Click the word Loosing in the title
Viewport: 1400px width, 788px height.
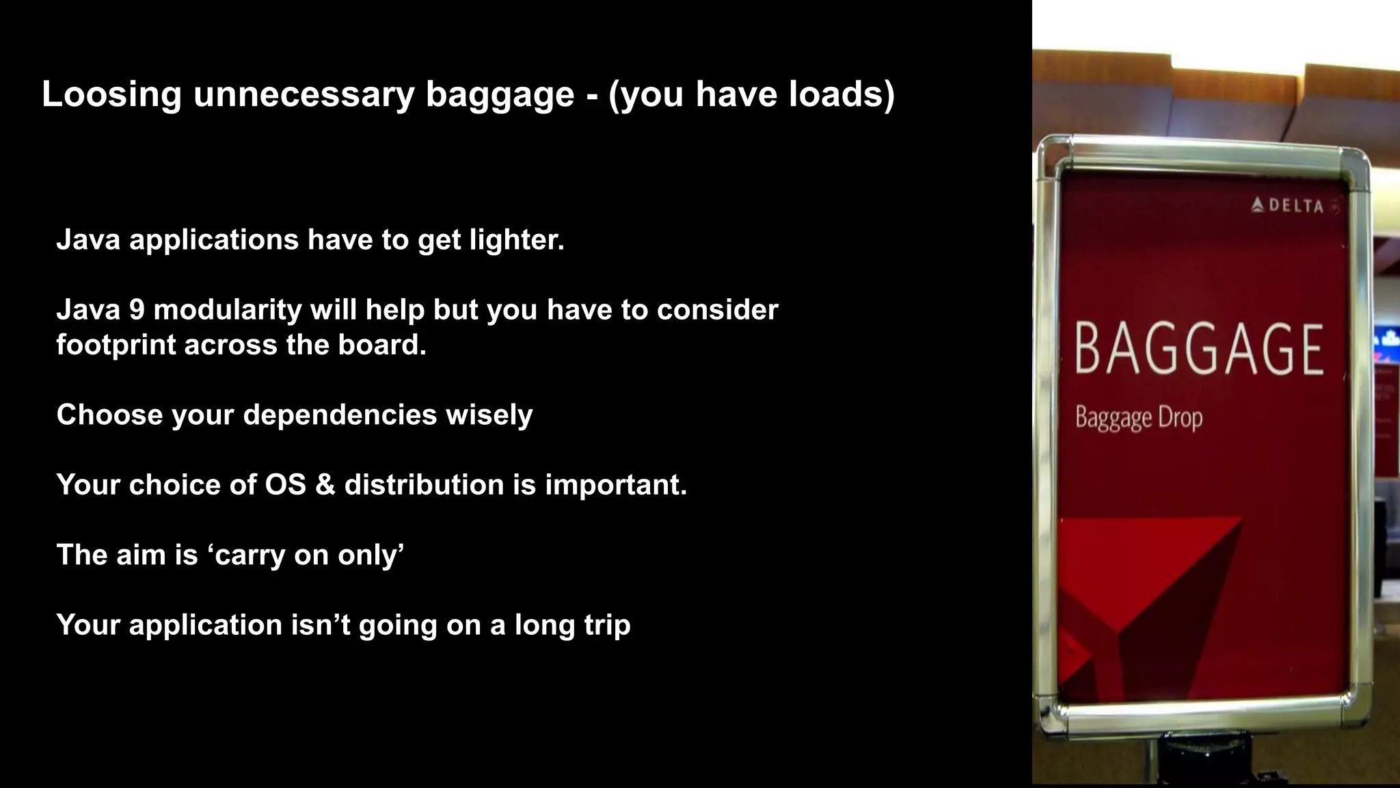(111, 94)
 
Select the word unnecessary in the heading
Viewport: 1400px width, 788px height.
(304, 94)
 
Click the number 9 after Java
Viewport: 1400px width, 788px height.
(137, 310)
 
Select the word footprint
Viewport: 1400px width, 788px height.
(116, 345)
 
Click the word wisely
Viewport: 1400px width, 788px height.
(489, 415)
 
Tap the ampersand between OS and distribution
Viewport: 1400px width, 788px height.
(325, 485)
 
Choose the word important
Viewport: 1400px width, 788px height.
(615, 485)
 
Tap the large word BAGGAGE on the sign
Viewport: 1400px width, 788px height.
(1199, 350)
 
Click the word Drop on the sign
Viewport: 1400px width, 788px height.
(1180, 417)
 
